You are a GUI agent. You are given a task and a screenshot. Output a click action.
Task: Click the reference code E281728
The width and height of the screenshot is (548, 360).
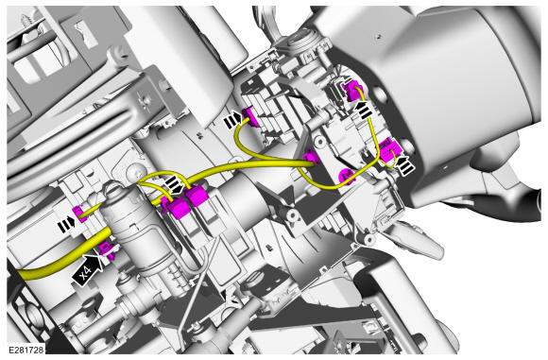pos(26,350)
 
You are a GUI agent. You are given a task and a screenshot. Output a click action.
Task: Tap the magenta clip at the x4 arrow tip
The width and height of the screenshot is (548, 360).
pos(107,250)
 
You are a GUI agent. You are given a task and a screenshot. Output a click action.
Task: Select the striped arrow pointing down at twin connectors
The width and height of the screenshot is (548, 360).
pos(175,184)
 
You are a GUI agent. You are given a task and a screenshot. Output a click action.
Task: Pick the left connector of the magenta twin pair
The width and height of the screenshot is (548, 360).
pos(178,207)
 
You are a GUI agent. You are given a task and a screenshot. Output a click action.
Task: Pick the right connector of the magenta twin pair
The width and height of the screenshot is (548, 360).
pos(197,197)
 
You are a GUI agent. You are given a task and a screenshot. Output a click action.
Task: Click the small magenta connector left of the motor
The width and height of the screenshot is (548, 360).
pos(78,213)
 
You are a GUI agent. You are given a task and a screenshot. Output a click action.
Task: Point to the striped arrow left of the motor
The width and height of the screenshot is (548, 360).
pos(66,225)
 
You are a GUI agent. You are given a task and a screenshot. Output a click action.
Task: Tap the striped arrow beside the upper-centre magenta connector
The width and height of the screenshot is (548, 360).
pos(232,120)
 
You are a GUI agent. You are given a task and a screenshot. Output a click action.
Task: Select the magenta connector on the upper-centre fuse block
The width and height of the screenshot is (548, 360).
pos(252,116)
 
